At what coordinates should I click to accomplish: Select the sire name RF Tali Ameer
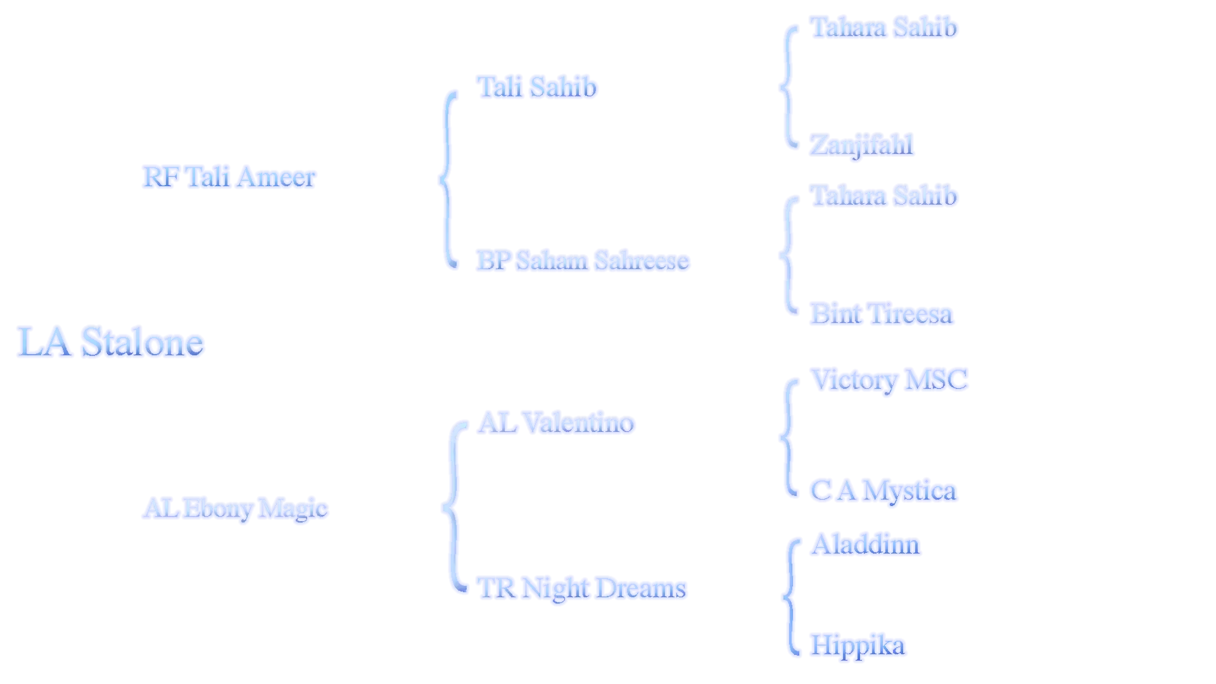(x=228, y=177)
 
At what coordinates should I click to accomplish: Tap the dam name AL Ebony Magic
(x=234, y=508)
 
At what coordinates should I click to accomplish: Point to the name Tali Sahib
(x=536, y=87)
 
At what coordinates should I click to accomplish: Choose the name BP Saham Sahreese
(x=583, y=261)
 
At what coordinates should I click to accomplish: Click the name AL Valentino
(x=556, y=422)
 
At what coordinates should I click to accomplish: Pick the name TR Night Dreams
(x=581, y=588)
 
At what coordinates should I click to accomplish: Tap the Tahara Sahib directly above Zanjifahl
(x=884, y=27)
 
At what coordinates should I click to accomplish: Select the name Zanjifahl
(x=861, y=144)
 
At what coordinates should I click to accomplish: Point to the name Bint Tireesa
(x=881, y=314)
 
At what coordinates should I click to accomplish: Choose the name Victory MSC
(x=890, y=380)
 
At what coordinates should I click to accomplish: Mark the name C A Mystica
(x=884, y=491)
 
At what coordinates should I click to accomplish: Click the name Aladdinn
(x=866, y=544)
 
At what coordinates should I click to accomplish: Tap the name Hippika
(x=858, y=645)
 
